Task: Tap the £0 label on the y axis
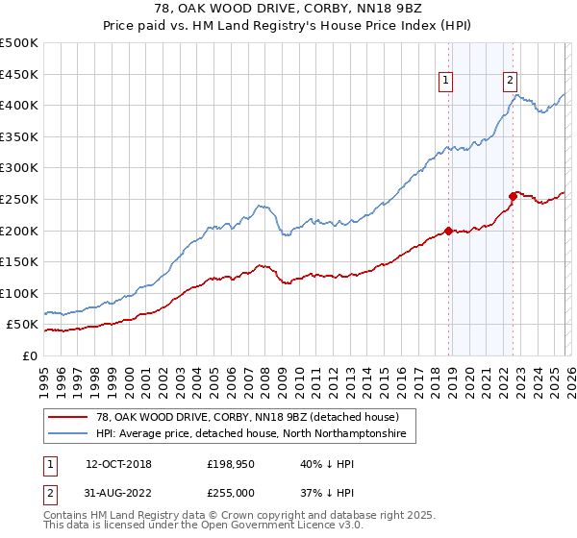(30, 355)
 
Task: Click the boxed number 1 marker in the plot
(448, 82)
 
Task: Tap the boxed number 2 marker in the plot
(510, 82)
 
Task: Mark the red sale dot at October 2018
(449, 232)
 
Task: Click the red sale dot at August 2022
(514, 196)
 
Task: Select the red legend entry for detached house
(240, 417)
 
